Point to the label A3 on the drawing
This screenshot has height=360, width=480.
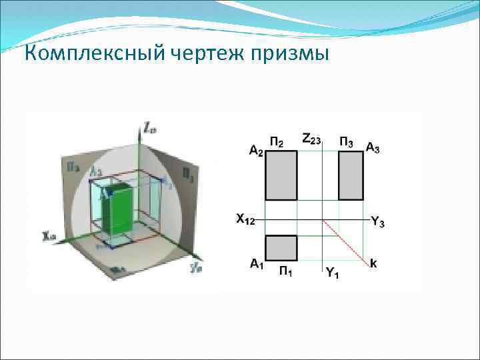(373, 147)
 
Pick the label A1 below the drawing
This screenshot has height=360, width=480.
(257, 264)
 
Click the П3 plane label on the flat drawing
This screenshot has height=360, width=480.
(347, 141)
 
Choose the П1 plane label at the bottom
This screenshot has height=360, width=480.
(286, 270)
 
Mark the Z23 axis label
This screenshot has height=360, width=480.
(311, 139)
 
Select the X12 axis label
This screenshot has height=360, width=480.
(245, 219)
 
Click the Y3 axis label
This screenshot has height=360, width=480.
(377, 223)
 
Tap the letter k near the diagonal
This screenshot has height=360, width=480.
(373, 263)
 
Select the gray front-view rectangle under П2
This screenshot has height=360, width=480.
(281, 175)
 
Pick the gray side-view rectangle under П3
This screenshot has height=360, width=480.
(351, 175)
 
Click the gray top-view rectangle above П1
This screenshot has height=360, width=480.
(281, 247)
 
